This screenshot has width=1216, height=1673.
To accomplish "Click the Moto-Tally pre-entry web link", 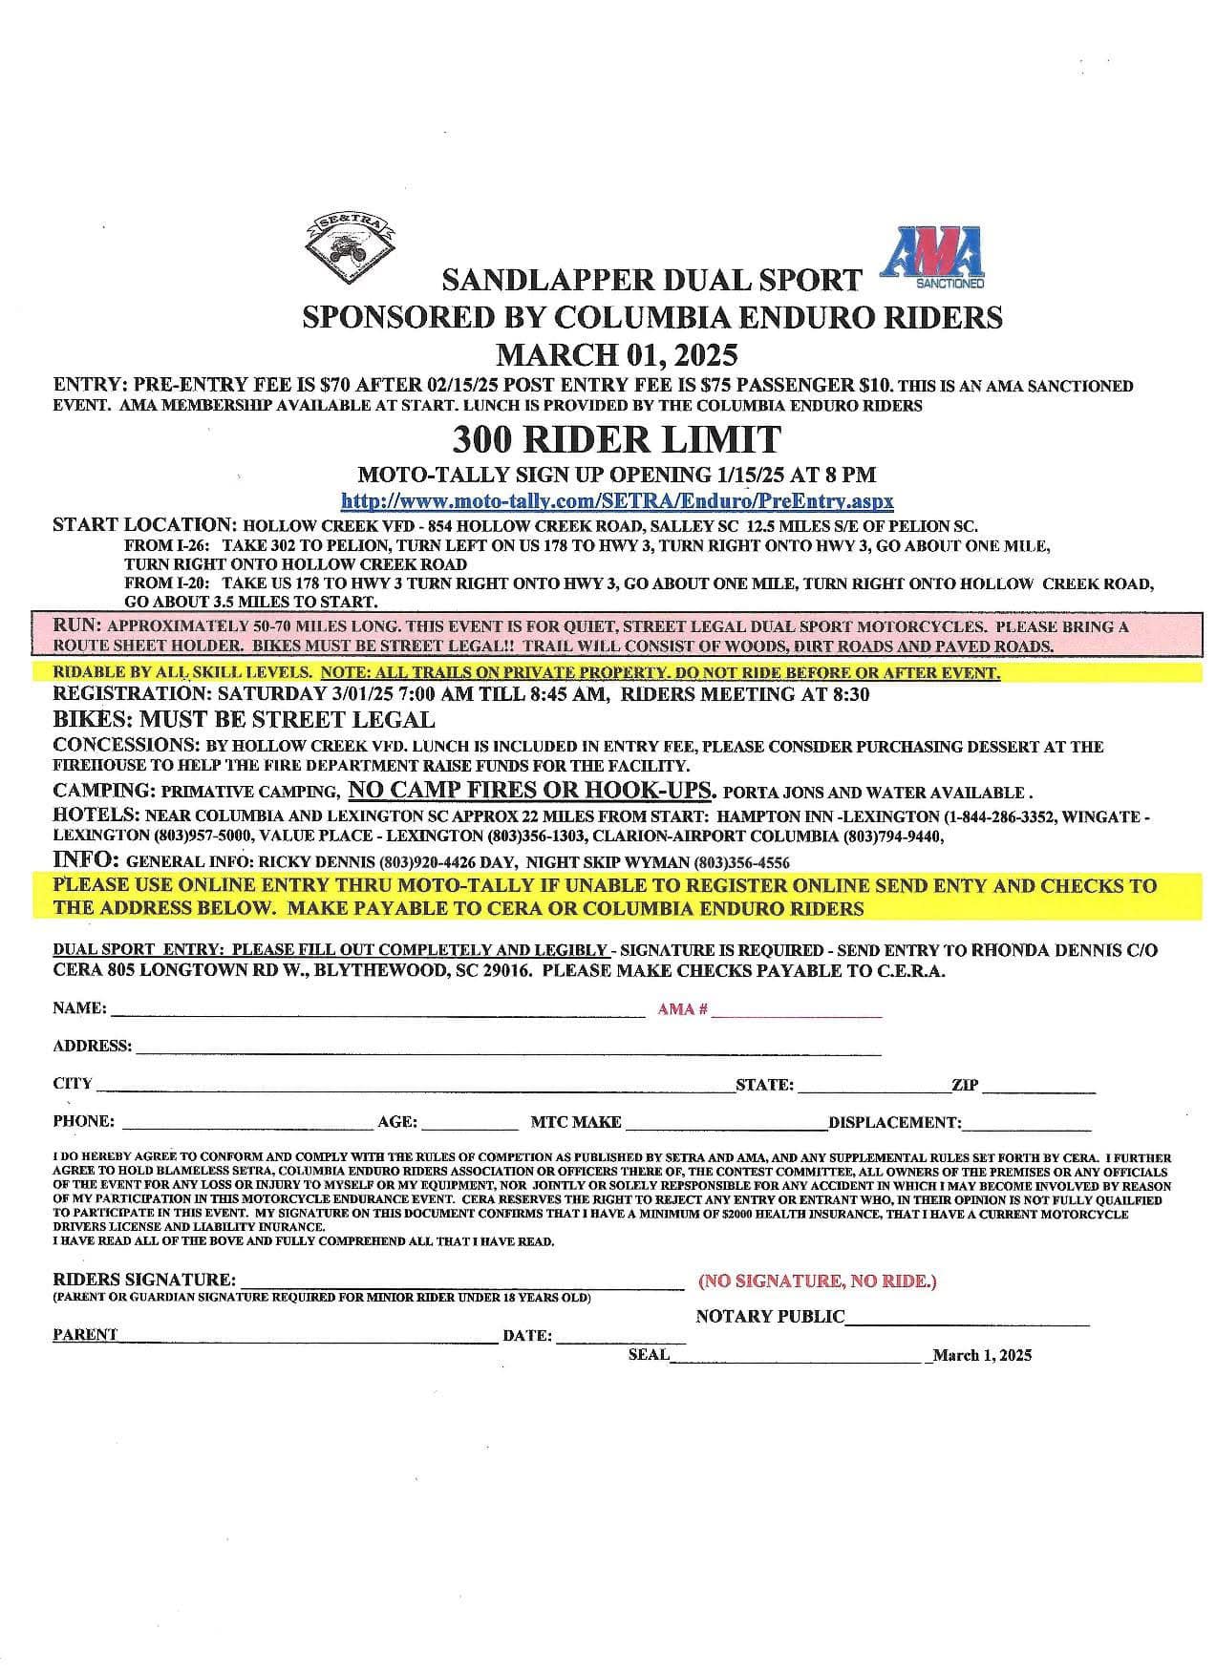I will (x=617, y=500).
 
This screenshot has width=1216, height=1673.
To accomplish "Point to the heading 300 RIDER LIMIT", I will (x=616, y=439).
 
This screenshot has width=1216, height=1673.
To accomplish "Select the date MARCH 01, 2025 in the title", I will (x=616, y=355).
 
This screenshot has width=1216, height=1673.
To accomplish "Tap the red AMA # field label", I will (x=682, y=1009).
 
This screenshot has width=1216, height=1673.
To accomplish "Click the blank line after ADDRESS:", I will (x=506, y=1050).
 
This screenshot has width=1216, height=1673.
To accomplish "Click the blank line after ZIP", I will (x=1038, y=1089).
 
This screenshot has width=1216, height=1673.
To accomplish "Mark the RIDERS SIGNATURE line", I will (x=460, y=1284).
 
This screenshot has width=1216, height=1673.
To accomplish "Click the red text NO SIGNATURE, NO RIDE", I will (x=817, y=1281).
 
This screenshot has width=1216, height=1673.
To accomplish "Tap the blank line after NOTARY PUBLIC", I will (x=967, y=1322).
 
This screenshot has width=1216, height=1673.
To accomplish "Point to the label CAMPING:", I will (x=104, y=791).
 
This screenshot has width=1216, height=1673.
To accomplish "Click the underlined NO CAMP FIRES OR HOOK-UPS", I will (x=532, y=790).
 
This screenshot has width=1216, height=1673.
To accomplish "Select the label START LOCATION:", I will (x=144, y=525).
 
